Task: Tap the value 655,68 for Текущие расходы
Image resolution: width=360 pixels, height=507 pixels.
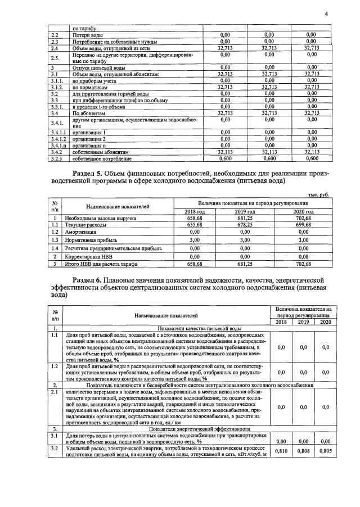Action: click(194, 224)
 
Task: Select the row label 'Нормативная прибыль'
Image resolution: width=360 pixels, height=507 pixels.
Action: click(91, 239)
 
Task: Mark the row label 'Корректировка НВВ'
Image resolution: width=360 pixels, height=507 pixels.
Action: click(89, 256)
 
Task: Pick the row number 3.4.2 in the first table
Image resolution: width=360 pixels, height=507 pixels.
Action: click(55, 152)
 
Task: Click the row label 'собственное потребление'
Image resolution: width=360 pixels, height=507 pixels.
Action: click(100, 159)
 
